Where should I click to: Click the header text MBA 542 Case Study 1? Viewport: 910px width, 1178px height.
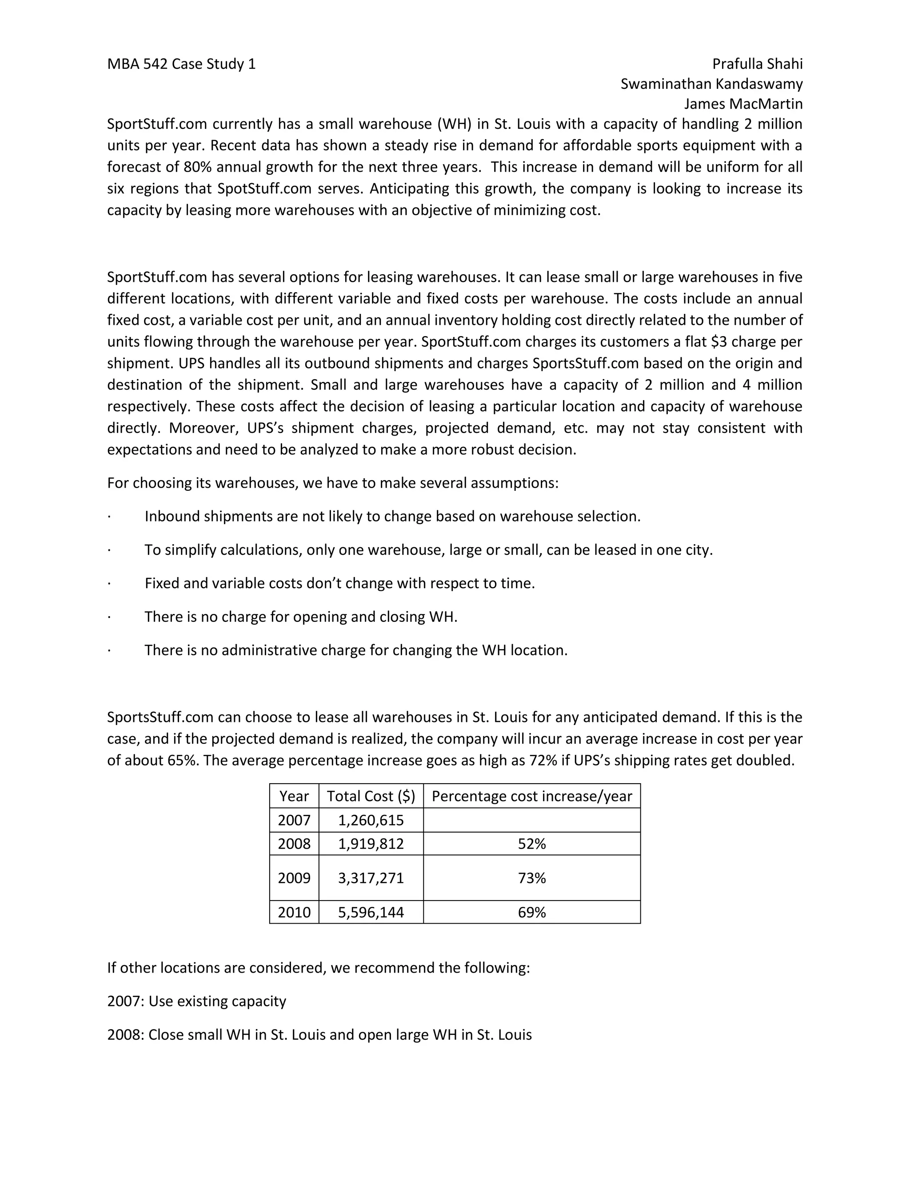point(181,64)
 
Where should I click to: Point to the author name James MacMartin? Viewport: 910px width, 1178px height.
point(743,104)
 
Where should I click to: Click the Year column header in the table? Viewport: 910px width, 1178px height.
point(294,796)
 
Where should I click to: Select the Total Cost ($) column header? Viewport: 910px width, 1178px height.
point(371,796)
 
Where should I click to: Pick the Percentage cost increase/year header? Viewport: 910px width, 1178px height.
point(531,796)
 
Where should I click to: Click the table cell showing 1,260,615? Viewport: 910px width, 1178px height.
point(371,821)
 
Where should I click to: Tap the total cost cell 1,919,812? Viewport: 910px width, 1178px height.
point(371,844)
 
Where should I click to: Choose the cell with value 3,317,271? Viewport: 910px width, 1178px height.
point(371,878)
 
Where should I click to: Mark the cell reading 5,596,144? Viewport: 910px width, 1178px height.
point(371,912)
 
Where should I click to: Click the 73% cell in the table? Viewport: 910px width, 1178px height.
point(531,878)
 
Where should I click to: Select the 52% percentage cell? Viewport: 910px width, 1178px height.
point(531,844)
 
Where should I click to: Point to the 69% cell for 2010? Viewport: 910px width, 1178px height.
point(531,912)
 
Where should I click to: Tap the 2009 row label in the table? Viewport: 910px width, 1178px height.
point(294,878)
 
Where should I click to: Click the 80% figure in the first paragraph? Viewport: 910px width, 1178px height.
point(192,167)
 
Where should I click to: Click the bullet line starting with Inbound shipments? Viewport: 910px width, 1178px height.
point(392,517)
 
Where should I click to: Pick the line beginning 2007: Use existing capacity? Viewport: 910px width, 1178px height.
point(197,1001)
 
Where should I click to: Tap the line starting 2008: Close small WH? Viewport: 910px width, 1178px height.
point(319,1034)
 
